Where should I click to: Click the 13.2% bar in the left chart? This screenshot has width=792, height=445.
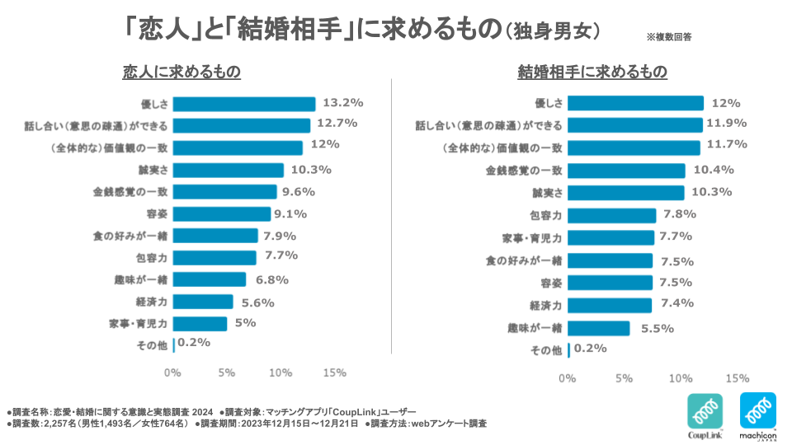coord(244,104)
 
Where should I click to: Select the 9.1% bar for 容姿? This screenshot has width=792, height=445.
coord(222,214)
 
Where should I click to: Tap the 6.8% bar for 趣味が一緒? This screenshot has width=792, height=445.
coord(210,279)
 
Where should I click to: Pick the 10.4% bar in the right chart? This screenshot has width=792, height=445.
coord(626,171)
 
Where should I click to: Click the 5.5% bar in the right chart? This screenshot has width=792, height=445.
coord(599,328)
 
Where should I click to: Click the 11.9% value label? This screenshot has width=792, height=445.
coord(725,124)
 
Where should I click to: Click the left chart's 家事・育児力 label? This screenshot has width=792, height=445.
coord(139,324)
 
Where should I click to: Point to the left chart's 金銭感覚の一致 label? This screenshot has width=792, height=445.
coord(131,192)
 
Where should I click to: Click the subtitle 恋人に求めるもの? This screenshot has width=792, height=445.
coord(181,73)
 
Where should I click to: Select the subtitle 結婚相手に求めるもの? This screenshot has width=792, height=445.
coord(592,73)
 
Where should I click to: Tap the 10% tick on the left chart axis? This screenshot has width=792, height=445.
coord(280,372)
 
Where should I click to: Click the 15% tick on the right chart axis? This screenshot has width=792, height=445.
coord(738,378)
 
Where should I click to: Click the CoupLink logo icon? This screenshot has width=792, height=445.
coord(705,410)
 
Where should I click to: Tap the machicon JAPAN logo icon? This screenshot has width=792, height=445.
coord(757,410)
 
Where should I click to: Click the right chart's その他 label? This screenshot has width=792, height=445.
coord(546,351)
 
